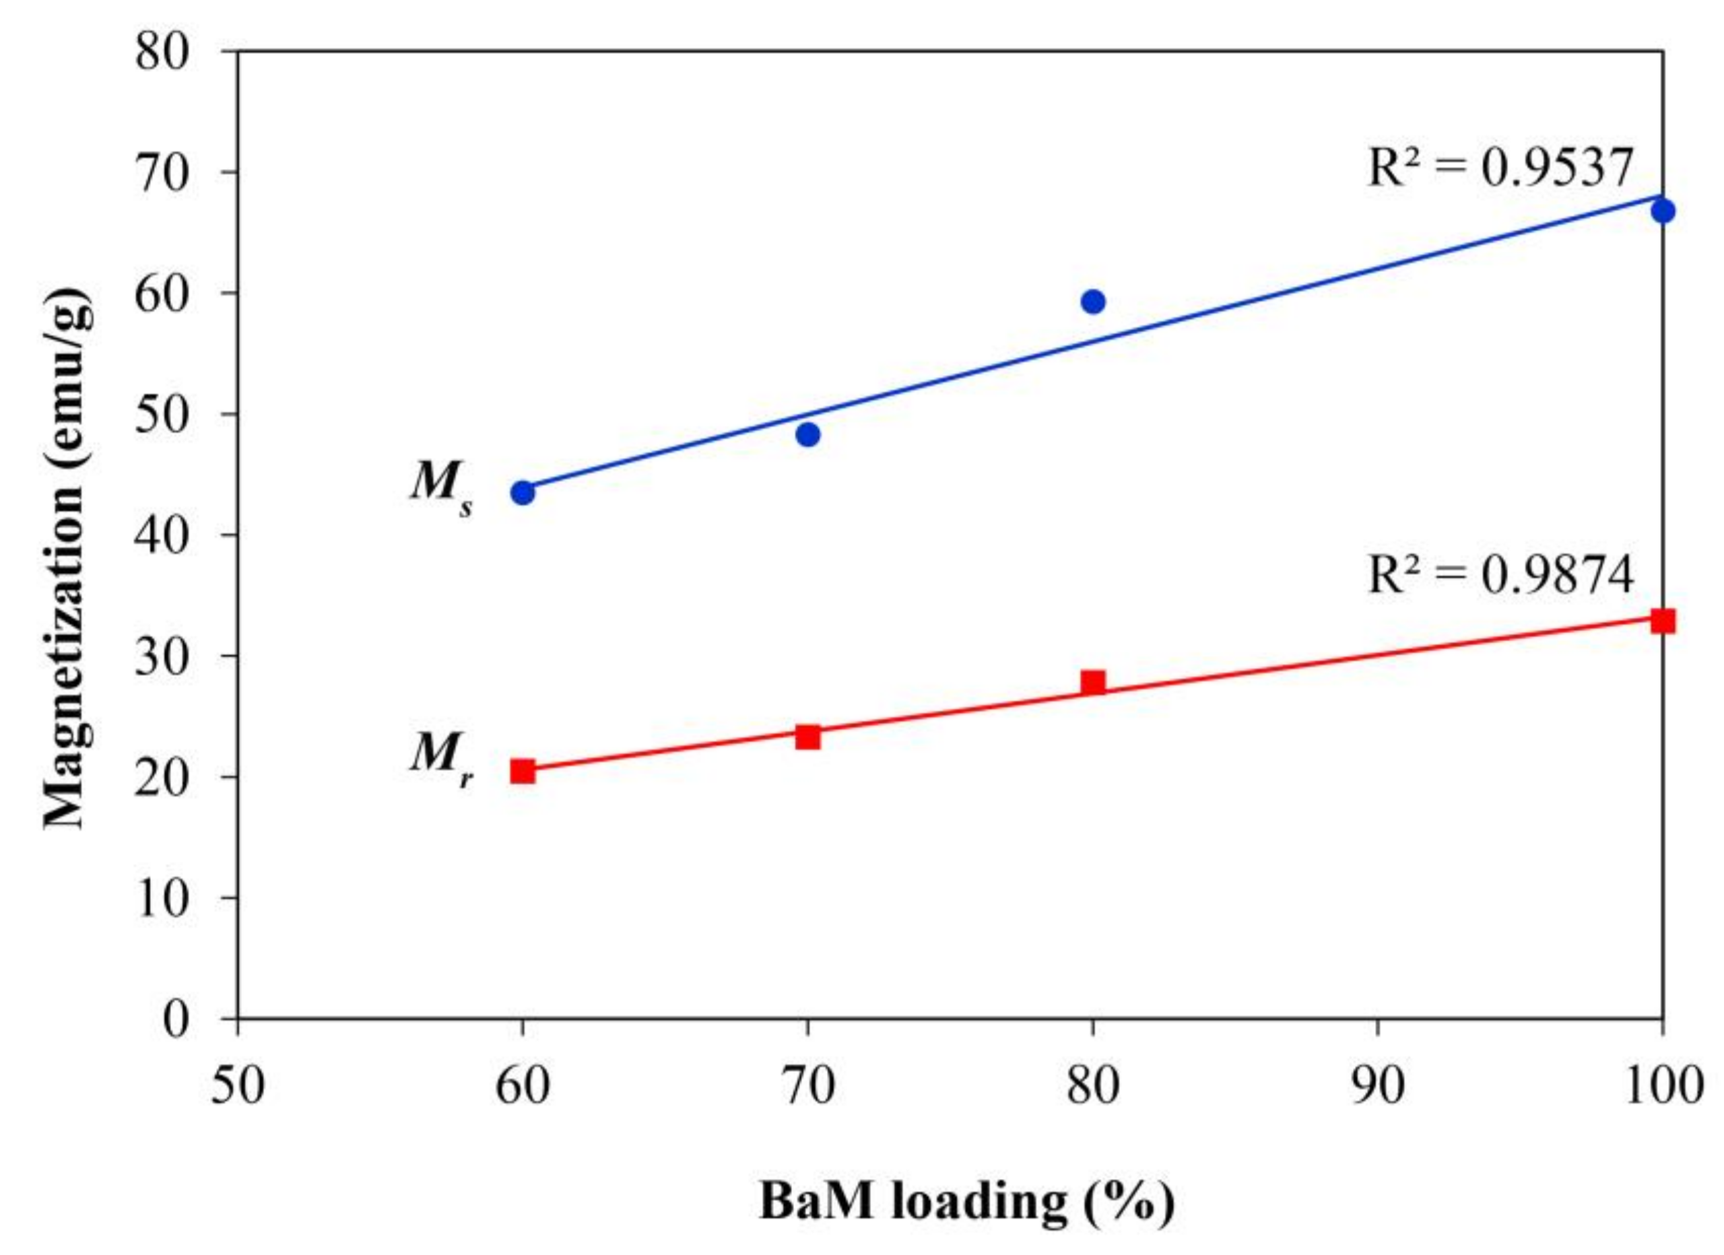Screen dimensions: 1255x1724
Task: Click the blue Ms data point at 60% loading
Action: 523,493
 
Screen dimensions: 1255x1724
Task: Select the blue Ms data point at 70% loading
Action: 808,434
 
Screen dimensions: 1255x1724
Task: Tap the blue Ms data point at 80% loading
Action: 1093,302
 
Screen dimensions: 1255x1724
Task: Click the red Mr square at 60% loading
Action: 523,771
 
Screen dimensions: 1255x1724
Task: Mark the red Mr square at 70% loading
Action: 808,737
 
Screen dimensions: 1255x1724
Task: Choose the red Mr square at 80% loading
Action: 1093,682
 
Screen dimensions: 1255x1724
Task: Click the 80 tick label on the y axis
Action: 162,53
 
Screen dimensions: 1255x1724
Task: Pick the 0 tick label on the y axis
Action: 176,1019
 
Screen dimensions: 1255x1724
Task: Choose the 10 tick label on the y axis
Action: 162,897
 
